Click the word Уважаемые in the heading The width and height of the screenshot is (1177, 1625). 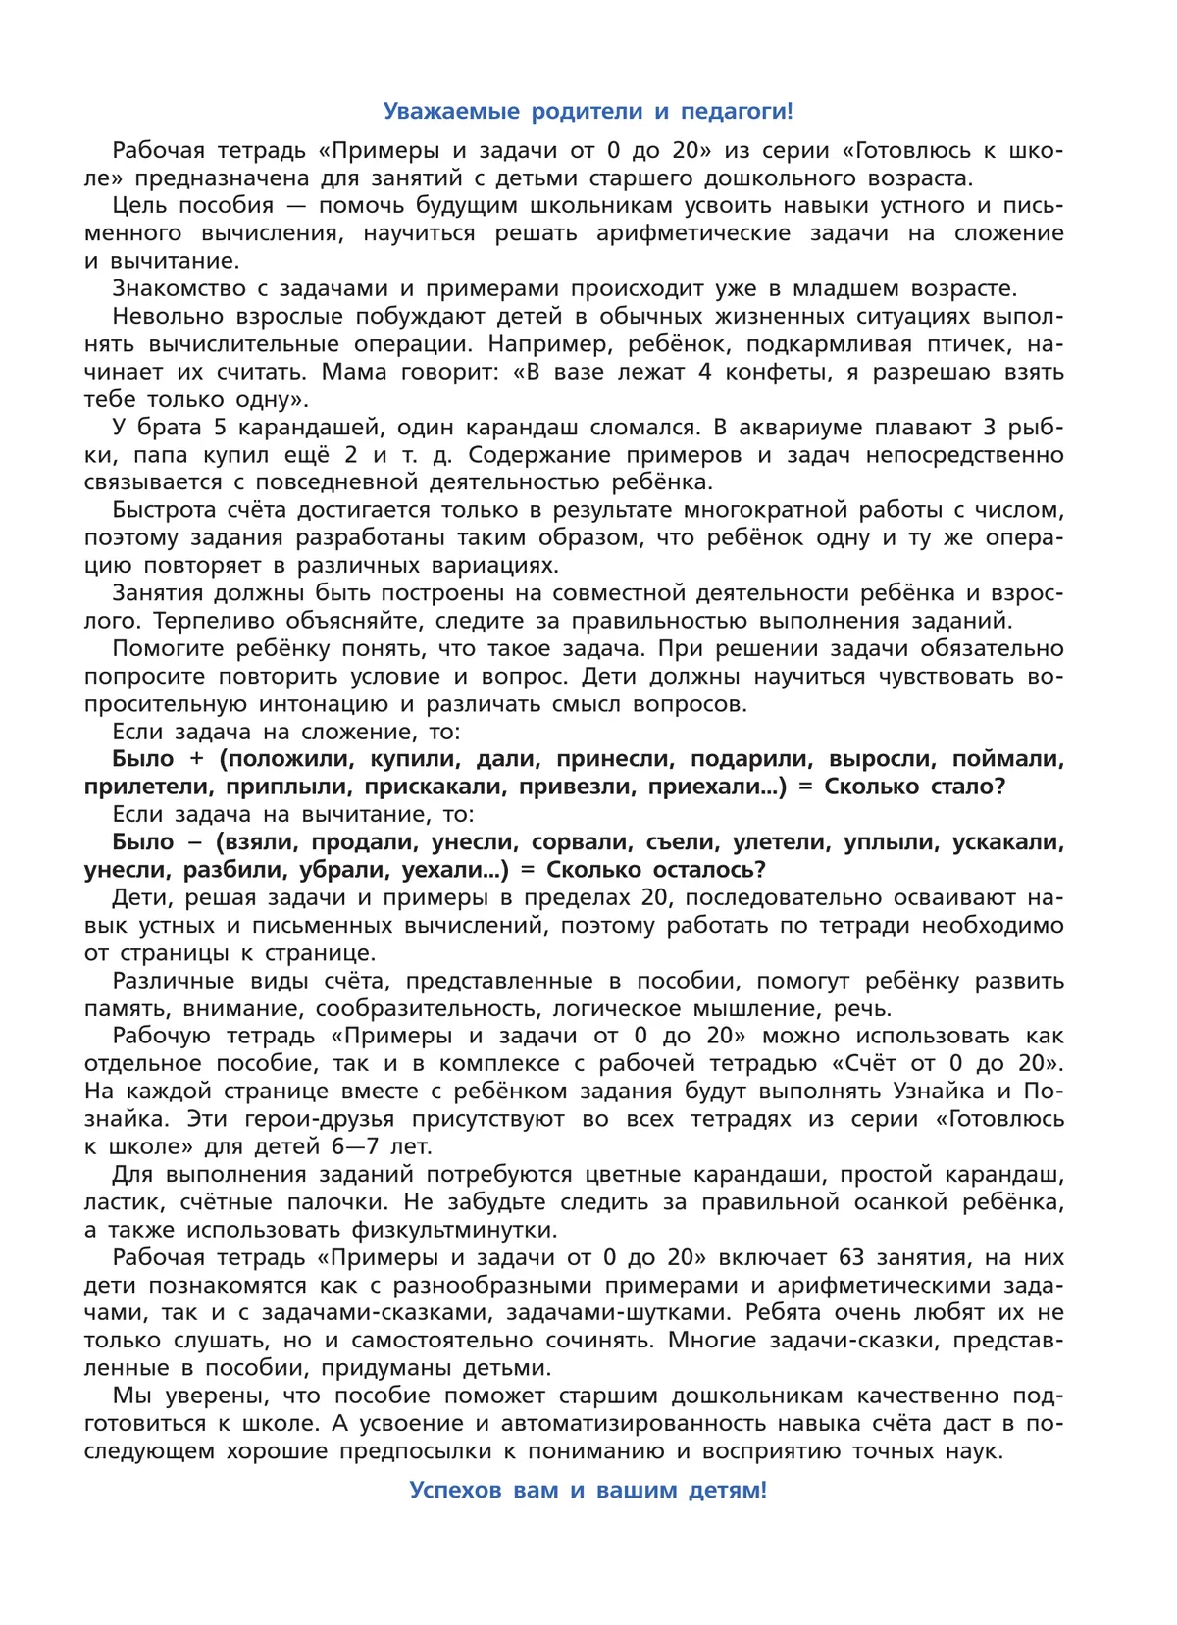click(451, 112)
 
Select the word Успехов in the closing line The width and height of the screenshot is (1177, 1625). click(457, 1490)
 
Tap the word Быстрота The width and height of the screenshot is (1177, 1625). click(164, 510)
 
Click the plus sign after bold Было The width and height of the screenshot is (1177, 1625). click(196, 759)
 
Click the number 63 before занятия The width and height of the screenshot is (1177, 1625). click(852, 1257)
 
